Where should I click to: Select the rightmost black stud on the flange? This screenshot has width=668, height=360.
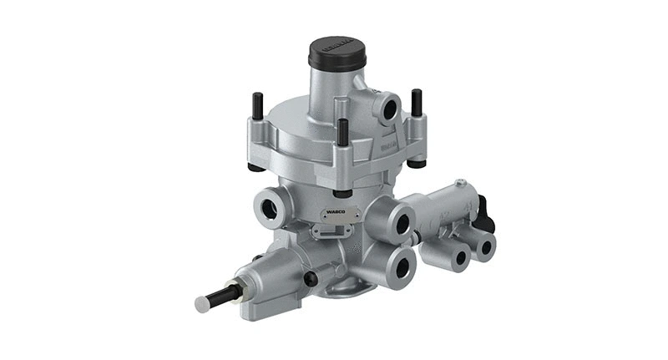[415, 102]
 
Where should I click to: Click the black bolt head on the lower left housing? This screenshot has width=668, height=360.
[310, 278]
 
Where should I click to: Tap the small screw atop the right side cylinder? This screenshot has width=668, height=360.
[459, 182]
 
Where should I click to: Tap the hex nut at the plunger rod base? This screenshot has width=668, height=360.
[241, 291]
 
